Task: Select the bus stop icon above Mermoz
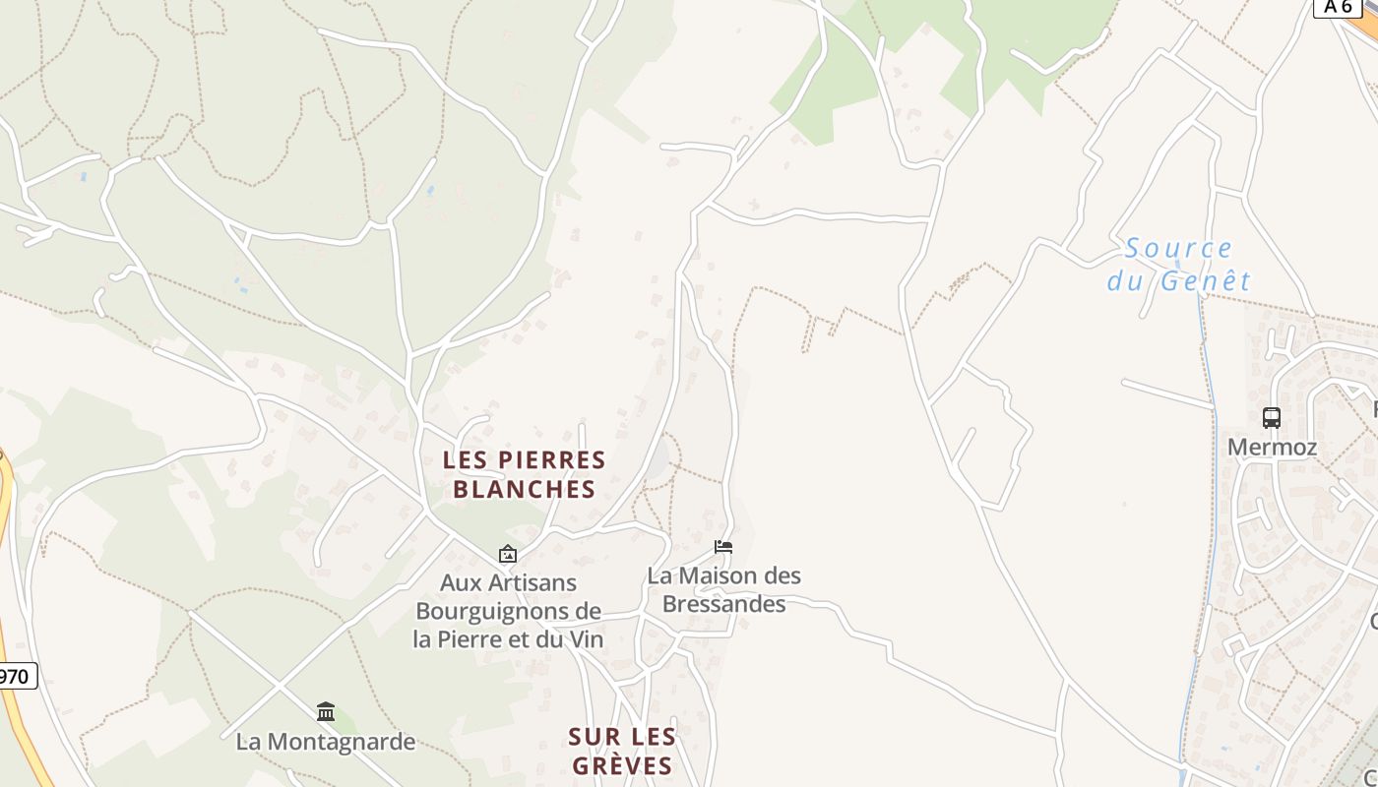pos(1272,418)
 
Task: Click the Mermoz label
pos(1272,448)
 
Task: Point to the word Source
pos(1178,249)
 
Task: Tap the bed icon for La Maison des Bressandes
pos(723,547)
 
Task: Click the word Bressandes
pos(723,604)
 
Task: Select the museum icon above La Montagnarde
pos(326,711)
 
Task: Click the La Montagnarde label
pos(326,742)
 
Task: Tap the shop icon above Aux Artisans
pos(508,554)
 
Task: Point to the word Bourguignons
pos(494,611)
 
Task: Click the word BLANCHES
pos(525,490)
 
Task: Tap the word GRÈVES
pos(622,766)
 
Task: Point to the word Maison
pos(725,575)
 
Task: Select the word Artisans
pos(532,582)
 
